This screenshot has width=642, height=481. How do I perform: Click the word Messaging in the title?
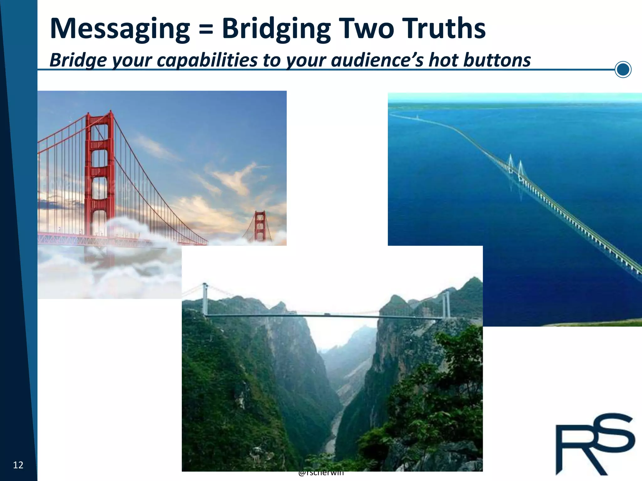coord(120,29)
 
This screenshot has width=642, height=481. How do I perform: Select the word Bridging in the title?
coord(276,29)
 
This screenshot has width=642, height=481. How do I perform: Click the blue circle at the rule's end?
coord(623,70)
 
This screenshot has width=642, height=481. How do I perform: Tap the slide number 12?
coord(18,465)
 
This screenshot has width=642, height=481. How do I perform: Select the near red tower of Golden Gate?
coord(100,175)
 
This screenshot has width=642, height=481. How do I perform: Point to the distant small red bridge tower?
coord(260,225)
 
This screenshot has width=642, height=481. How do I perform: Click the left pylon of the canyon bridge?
coord(205,299)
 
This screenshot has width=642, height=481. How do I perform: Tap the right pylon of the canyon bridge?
coord(446,304)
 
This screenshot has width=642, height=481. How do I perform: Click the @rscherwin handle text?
coord(321,473)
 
